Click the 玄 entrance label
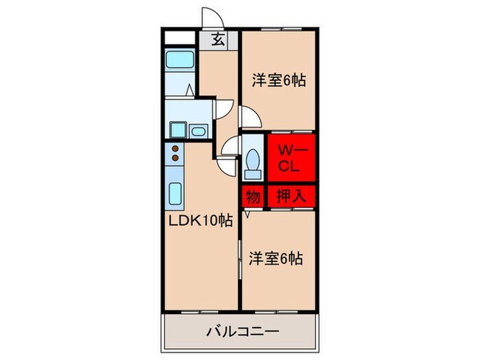[218, 40]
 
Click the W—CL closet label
[286, 158]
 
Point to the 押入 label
[291, 197]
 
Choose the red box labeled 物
[252, 197]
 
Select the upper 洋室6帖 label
[278, 80]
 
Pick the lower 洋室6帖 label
[276, 259]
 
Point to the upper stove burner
[175, 149]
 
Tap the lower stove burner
[175, 158]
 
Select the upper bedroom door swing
[249, 117]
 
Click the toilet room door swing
[229, 146]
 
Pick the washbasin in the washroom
[199, 130]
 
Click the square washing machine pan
[178, 130]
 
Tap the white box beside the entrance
[180, 38]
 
